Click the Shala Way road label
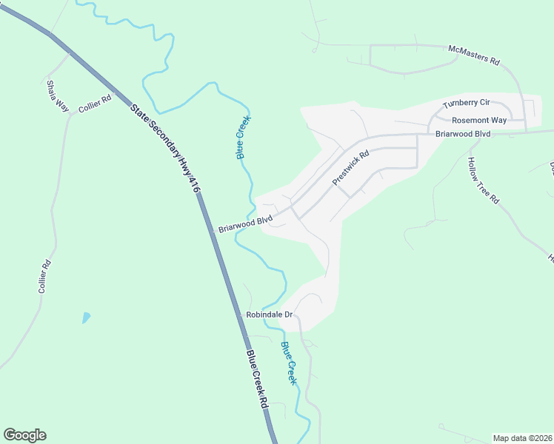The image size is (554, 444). click(x=57, y=95)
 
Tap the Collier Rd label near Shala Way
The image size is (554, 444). click(x=95, y=103)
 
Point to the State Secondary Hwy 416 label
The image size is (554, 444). click(x=166, y=147)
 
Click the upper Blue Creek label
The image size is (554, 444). click(x=244, y=137)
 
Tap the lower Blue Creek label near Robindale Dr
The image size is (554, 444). click(x=289, y=363)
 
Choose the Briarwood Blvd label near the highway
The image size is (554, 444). click(x=245, y=224)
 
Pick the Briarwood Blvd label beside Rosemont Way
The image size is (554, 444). click(x=463, y=133)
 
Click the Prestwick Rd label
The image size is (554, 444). click(x=350, y=168)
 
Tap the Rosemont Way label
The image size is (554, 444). click(x=479, y=119)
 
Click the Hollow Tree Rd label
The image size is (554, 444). click(x=484, y=180)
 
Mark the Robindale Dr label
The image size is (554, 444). click(x=270, y=315)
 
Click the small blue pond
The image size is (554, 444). click(x=86, y=318)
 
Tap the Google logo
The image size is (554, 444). click(x=24, y=435)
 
